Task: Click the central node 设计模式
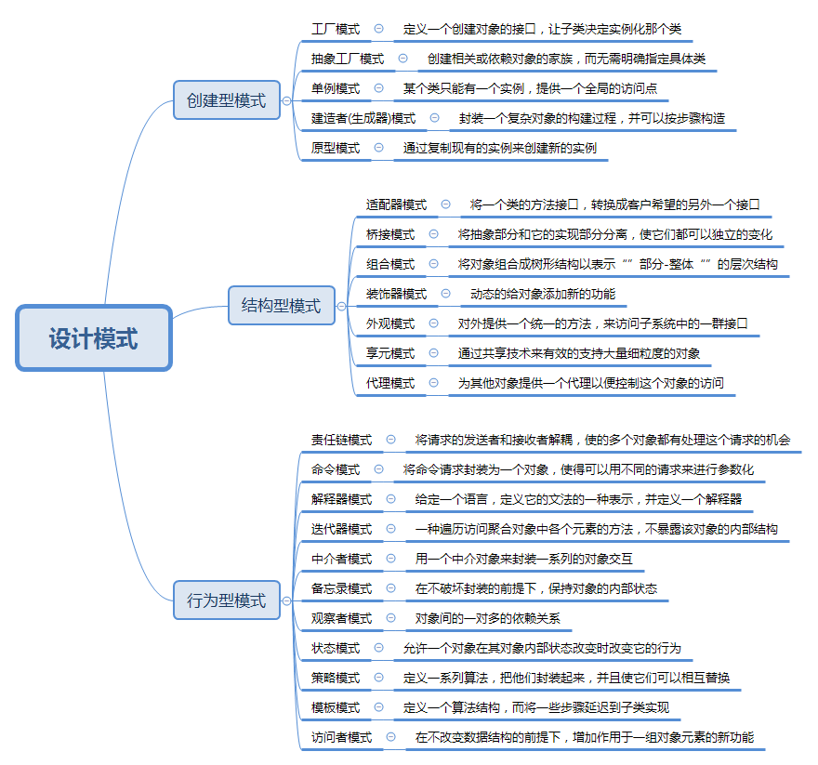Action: pyautogui.click(x=94, y=338)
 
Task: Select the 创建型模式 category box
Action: pyautogui.click(x=226, y=100)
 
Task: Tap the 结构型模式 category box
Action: pyautogui.click(x=281, y=305)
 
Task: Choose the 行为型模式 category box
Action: pyautogui.click(x=226, y=600)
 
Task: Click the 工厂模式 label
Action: pyautogui.click(x=336, y=29)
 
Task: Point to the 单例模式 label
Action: pyautogui.click(x=336, y=88)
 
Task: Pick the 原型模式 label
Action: pyautogui.click(x=336, y=148)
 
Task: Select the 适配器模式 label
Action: pyautogui.click(x=396, y=204)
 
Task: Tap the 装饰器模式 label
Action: pyautogui.click(x=396, y=294)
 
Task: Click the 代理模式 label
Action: pyautogui.click(x=390, y=383)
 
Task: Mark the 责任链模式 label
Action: pyautogui.click(x=342, y=440)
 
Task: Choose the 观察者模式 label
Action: pyautogui.click(x=342, y=618)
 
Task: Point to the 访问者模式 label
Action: pyautogui.click(x=342, y=737)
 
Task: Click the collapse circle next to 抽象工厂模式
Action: pyautogui.click(x=402, y=59)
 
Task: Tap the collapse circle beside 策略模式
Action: pyautogui.click(x=378, y=678)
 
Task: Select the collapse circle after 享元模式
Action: pyautogui.click(x=433, y=353)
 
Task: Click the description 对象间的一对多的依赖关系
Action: pyautogui.click(x=488, y=618)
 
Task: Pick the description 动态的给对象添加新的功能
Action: pyautogui.click(x=543, y=294)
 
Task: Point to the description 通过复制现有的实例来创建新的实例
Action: pyautogui.click(x=500, y=148)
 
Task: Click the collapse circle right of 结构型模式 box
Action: pyautogui.click(x=341, y=305)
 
